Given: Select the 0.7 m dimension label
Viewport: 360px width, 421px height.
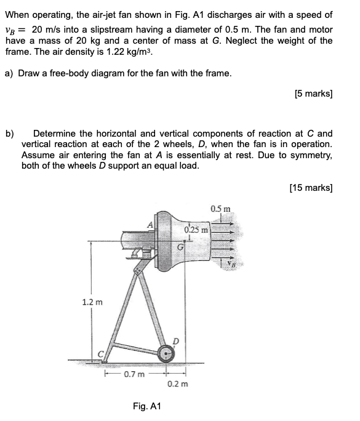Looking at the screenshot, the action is pyautogui.click(x=134, y=373).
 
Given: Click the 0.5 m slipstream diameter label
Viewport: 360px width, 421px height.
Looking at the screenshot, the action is pyautogui.click(x=220, y=208).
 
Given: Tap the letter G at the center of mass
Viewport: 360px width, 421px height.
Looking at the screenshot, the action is pyautogui.click(x=180, y=247).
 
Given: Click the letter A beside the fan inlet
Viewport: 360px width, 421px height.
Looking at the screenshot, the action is pyautogui.click(x=148, y=224).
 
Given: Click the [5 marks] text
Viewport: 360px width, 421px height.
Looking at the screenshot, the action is pyautogui.click(x=314, y=94).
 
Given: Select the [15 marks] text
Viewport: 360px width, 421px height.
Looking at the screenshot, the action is pyautogui.click(x=311, y=187).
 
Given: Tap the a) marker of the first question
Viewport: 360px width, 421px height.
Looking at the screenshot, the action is pyautogui.click(x=10, y=73).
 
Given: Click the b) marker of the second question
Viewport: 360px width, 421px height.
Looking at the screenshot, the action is pyautogui.click(x=10, y=133).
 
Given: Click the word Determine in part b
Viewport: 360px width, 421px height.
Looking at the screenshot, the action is pyautogui.click(x=55, y=133).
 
